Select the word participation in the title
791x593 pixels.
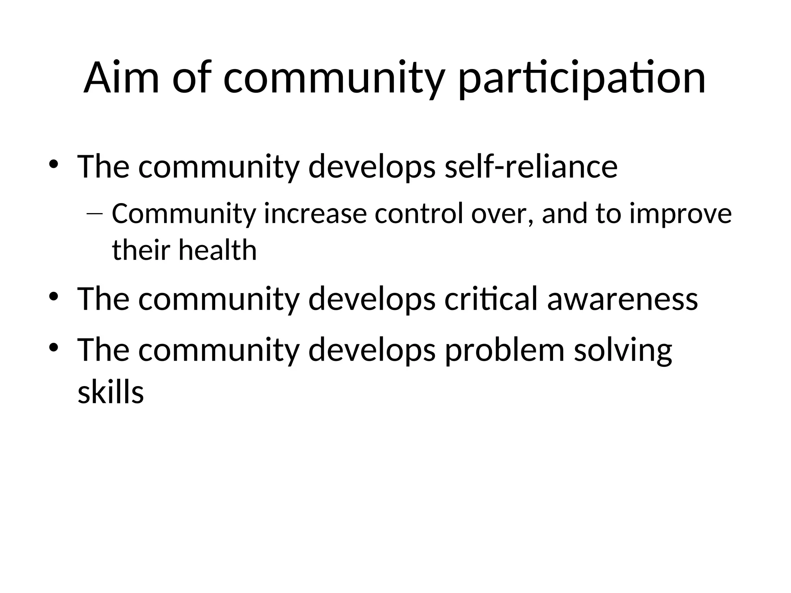(582, 79)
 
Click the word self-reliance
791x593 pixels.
(531, 167)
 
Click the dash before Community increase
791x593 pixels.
(95, 213)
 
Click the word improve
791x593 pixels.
(681, 215)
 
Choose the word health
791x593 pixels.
(217, 250)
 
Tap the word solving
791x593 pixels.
(623, 351)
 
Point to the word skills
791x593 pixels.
(111, 393)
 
